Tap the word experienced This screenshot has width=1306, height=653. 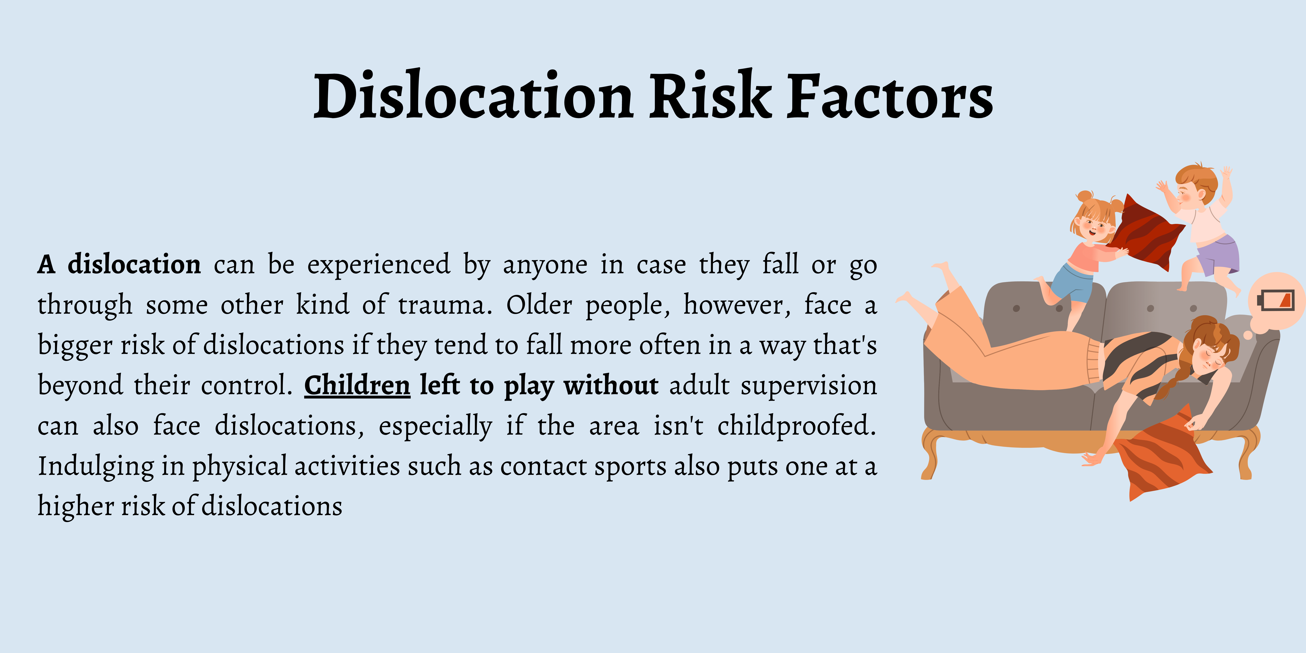pyautogui.click(x=379, y=265)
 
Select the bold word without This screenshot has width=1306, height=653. pyautogui.click(x=611, y=385)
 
